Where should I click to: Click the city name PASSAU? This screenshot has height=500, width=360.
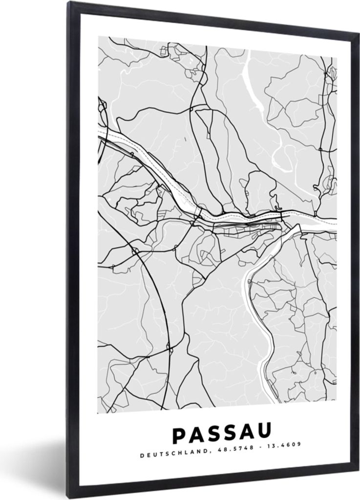click(x=221, y=434)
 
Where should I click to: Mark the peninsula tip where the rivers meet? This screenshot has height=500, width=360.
click(x=283, y=227)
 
